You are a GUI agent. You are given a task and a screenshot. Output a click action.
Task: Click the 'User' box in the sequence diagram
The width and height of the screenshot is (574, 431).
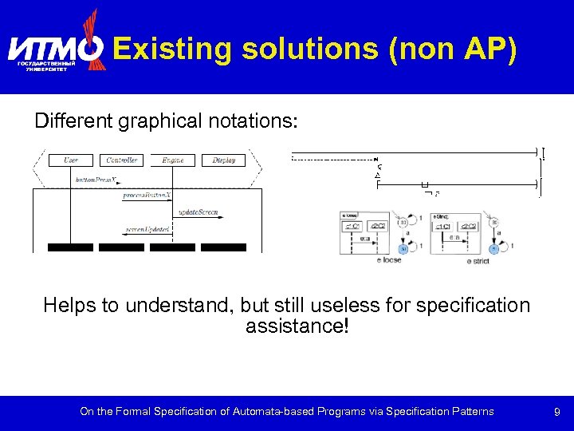(70, 160)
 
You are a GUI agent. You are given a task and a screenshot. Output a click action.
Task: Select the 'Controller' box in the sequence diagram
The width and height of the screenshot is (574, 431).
(121, 160)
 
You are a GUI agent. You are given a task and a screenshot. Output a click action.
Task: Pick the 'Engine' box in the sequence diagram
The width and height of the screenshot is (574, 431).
(172, 160)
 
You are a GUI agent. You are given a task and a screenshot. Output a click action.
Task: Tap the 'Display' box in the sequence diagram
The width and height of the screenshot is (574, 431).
(223, 160)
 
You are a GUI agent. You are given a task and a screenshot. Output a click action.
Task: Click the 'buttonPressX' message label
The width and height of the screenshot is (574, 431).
(96, 180)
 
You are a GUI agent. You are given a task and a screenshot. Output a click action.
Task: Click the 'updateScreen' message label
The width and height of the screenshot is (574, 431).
(197, 212)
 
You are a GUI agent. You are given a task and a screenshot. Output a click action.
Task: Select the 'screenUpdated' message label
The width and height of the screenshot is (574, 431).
(147, 230)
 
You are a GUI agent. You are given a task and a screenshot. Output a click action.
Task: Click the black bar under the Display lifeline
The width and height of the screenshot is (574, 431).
(223, 247)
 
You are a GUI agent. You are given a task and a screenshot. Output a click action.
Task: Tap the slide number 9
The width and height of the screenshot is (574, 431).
(557, 412)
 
